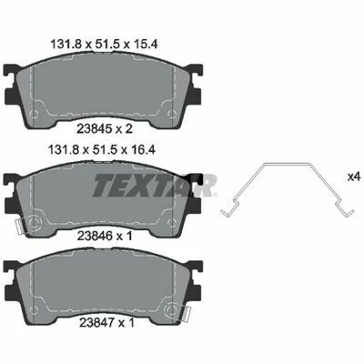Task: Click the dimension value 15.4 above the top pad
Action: tap(145, 45)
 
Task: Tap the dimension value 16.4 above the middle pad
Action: tap(144, 150)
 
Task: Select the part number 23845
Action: tap(94, 129)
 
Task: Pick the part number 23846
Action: tap(94, 236)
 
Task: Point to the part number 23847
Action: tap(96, 323)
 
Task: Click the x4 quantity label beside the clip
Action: tap(354, 177)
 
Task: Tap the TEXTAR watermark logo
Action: tap(155, 186)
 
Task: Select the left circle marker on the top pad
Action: tap(35, 114)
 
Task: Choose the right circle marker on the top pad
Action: tap(172, 114)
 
